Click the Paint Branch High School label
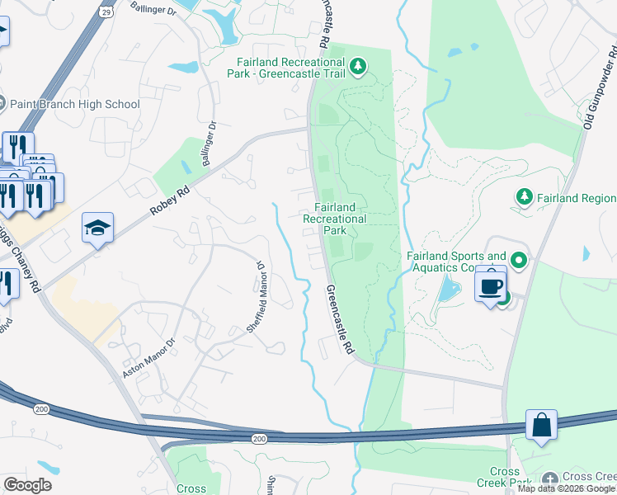pyautogui.click(x=74, y=105)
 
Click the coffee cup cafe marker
pyautogui.click(x=491, y=286)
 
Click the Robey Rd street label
pyautogui.click(x=170, y=200)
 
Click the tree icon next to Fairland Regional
pyautogui.click(x=523, y=197)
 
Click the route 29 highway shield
pyautogui.click(x=106, y=12)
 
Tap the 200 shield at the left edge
pyautogui.click(x=41, y=409)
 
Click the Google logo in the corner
pyautogui.click(x=27, y=485)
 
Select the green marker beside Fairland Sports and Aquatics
pyautogui.click(x=519, y=262)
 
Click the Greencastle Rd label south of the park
pyautogui.click(x=339, y=321)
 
